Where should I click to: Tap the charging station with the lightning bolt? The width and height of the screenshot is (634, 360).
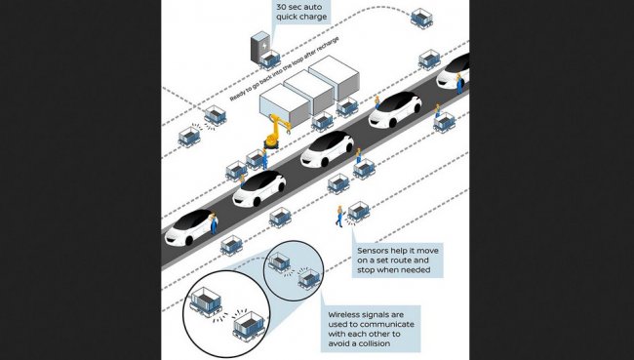(x=260, y=47)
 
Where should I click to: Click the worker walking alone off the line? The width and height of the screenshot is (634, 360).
(x=339, y=217)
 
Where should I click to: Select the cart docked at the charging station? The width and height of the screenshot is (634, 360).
(x=269, y=60)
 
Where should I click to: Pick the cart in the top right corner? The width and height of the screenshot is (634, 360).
(x=421, y=19)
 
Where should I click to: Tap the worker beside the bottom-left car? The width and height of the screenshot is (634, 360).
(x=213, y=223)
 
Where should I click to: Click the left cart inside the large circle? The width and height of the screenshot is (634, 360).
(x=206, y=301)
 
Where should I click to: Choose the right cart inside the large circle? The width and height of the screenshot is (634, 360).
(x=250, y=326)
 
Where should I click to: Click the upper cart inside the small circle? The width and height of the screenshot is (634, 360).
(x=279, y=261)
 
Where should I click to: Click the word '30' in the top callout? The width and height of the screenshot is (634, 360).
(x=282, y=7)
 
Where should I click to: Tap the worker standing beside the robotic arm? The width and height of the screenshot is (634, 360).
(x=265, y=159)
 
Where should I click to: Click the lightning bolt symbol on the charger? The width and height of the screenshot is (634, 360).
(x=263, y=47)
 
